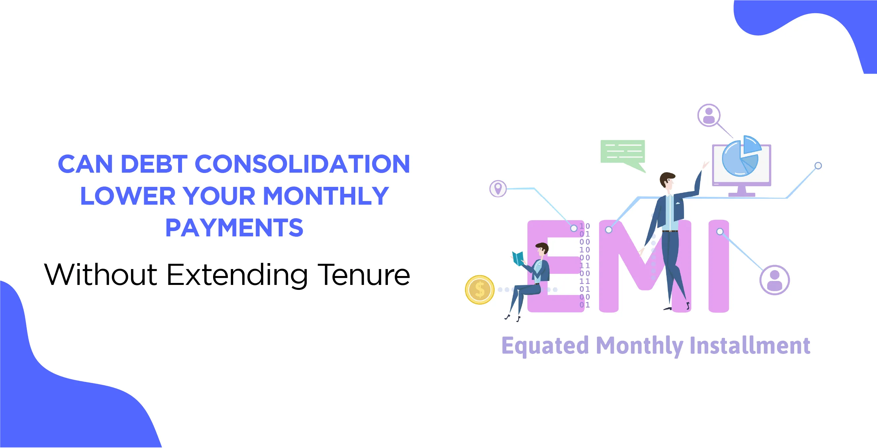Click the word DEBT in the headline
pyautogui.click(x=154, y=164)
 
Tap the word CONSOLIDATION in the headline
pyautogui.click(x=302, y=164)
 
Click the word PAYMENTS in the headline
pyautogui.click(x=234, y=228)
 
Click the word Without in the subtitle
pyautogui.click(x=101, y=274)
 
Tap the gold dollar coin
pyautogui.click(x=480, y=290)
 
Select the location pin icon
pyautogui.click(x=498, y=189)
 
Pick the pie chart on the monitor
pyautogui.click(x=741, y=156)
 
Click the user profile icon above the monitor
pyautogui.click(x=709, y=115)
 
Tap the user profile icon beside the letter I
pyautogui.click(x=774, y=280)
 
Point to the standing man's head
pyautogui.click(x=667, y=181)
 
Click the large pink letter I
pyautogui.click(x=719, y=266)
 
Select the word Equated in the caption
pyautogui.click(x=545, y=346)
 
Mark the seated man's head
pyautogui.click(x=542, y=249)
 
